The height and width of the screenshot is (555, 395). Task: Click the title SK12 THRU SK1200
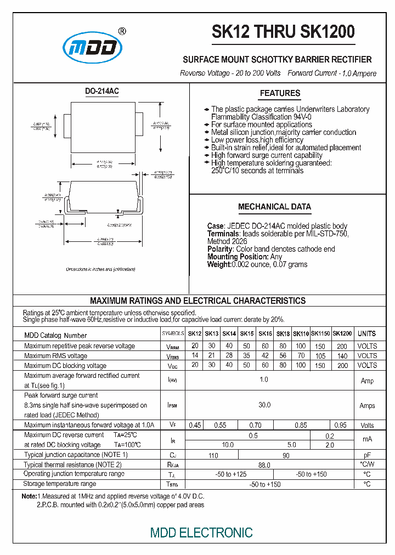[x=283, y=32]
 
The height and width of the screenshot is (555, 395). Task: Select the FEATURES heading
[x=280, y=93]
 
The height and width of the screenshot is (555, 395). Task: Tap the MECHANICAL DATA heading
[x=274, y=207]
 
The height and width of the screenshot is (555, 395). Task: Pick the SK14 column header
[x=229, y=333]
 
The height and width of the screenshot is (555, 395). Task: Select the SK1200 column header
[x=342, y=333]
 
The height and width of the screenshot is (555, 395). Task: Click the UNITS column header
[x=367, y=333]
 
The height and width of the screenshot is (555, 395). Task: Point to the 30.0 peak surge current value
[x=264, y=405]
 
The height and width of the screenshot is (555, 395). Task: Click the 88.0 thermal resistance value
[x=264, y=465]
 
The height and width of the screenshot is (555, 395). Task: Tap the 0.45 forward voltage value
[x=195, y=425]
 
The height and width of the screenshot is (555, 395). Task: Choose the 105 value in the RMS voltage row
[x=320, y=356]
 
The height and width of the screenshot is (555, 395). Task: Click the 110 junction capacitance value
[x=213, y=455]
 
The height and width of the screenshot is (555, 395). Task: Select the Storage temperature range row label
[x=60, y=484]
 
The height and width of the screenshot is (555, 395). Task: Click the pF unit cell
[x=367, y=455]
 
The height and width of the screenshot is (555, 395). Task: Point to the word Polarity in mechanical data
[x=220, y=249]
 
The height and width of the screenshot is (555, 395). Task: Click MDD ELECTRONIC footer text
[x=201, y=532]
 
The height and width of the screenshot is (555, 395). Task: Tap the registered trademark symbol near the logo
[x=122, y=31]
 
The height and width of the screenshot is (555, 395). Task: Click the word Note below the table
[x=29, y=496]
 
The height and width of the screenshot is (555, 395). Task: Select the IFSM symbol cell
[x=172, y=405]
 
